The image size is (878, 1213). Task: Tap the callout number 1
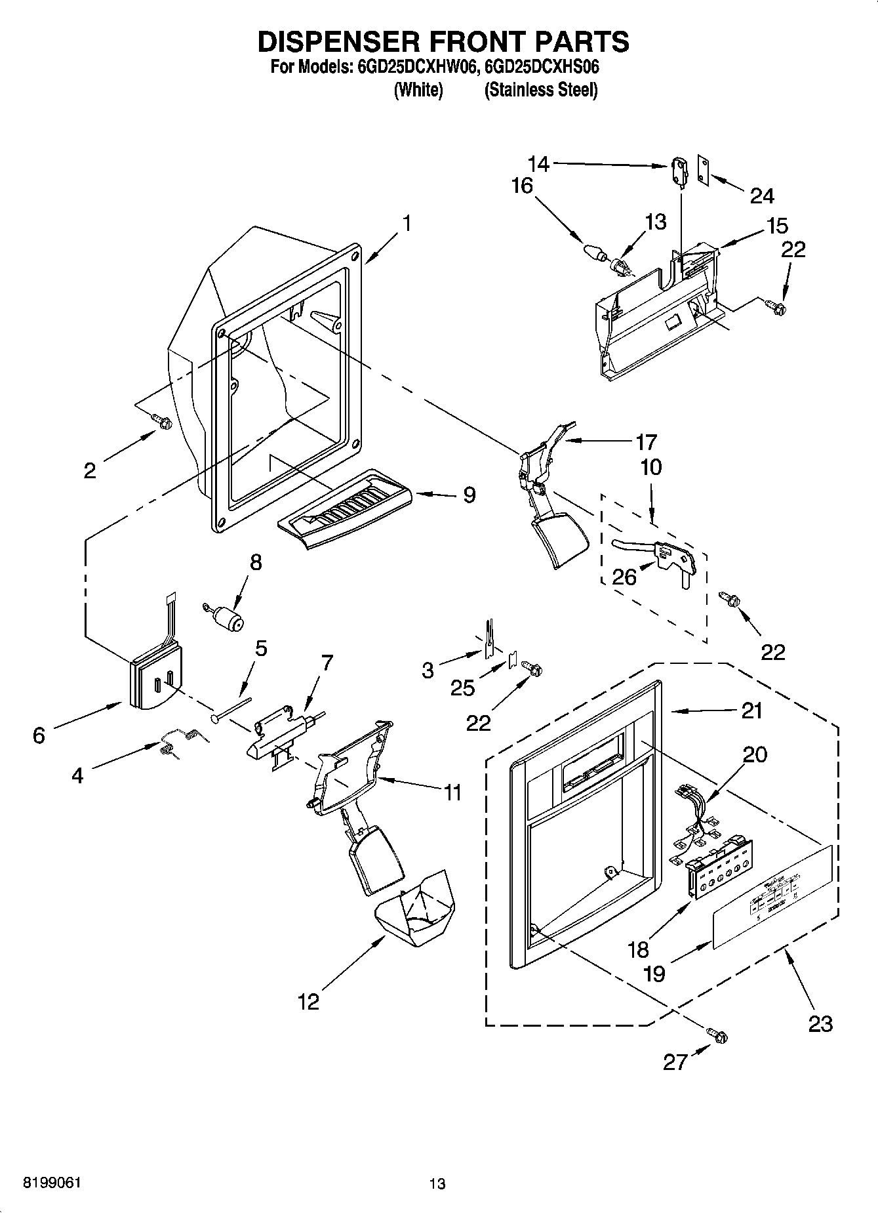pyautogui.click(x=407, y=224)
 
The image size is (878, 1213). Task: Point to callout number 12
pyautogui.click(x=308, y=1002)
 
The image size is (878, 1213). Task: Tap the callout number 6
pyautogui.click(x=39, y=736)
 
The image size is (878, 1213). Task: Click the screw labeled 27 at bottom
pyautogui.click(x=719, y=1037)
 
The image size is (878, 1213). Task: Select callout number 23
pyautogui.click(x=820, y=1023)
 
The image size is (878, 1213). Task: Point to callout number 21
pyautogui.click(x=751, y=710)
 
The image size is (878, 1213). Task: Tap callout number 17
pyautogui.click(x=646, y=442)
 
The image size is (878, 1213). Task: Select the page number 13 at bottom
pyautogui.click(x=437, y=1183)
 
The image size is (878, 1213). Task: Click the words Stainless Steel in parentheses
pyautogui.click(x=541, y=90)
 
